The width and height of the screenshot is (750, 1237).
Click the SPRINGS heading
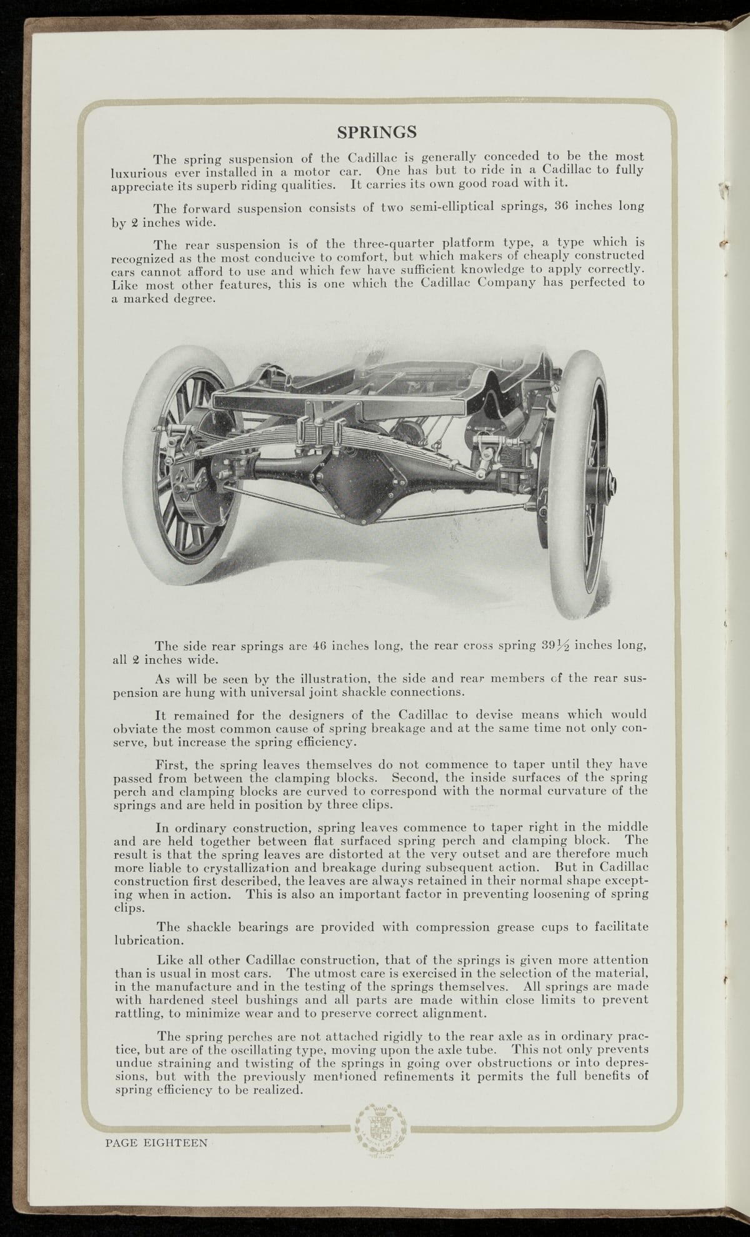coord(377,133)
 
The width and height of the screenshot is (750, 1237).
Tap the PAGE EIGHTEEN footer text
coord(156,1143)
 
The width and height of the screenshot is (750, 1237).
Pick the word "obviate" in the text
coord(133,729)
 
